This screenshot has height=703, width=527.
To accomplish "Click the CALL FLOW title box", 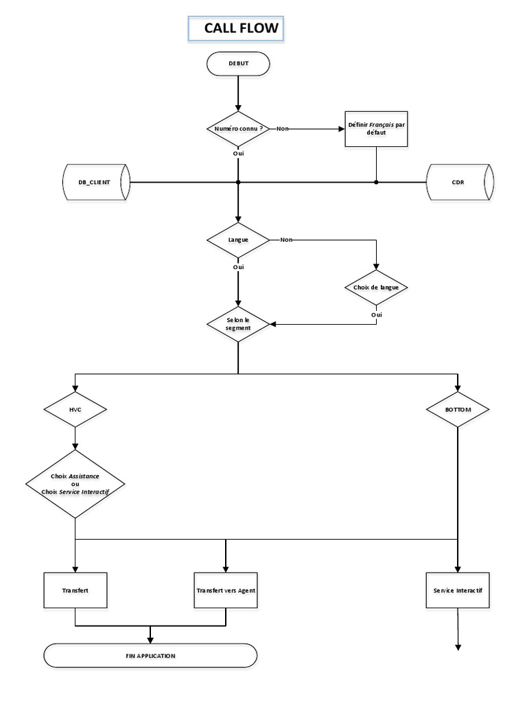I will click(x=235, y=29).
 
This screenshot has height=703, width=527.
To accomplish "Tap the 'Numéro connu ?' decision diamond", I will click(x=238, y=128).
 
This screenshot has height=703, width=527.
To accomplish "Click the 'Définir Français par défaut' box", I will click(x=376, y=128).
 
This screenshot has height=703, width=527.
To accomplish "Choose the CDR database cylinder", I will click(x=458, y=182).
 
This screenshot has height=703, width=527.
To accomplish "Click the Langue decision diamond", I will click(x=238, y=240).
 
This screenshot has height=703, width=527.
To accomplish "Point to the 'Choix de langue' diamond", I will click(x=376, y=286).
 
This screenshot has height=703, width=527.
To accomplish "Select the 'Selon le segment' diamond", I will click(x=238, y=323).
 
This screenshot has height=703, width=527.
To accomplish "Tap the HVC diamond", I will click(x=75, y=409).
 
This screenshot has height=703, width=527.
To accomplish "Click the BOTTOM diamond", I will click(x=458, y=409).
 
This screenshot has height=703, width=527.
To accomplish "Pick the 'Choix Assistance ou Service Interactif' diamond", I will click(x=75, y=484).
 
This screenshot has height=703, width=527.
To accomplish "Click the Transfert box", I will click(x=75, y=590).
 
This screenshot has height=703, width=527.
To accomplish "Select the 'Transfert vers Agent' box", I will click(x=226, y=590).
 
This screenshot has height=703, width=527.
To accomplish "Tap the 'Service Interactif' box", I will click(x=458, y=590).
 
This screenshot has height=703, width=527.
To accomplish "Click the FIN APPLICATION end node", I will click(x=150, y=656).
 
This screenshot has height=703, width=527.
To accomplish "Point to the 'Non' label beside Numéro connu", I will click(x=282, y=128).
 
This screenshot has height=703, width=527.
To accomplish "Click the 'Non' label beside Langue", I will click(x=286, y=240).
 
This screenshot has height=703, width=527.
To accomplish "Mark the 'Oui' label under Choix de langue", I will click(x=376, y=314).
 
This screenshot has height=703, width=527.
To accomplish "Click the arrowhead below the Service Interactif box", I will click(x=458, y=645).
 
